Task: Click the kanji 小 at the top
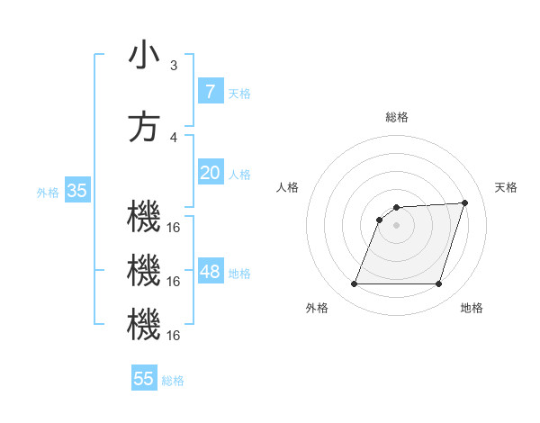coord(144,56)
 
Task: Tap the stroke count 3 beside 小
coord(174,66)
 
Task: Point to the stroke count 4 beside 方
coord(174,138)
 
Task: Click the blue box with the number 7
coord(210,91)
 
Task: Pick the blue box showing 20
coord(210,173)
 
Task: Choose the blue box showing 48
coord(211,272)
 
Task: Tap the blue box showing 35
coord(76,190)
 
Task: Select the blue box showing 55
coord(144,379)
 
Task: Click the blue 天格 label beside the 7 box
coord(239,93)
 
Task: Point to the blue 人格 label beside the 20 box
coord(239,175)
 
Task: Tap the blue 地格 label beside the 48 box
coord(239,274)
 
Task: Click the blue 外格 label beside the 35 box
coord(48,192)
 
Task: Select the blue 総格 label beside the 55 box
coord(173,381)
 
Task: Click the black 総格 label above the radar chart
coord(396,117)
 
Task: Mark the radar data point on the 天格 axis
coord(465,202)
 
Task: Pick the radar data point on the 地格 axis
coord(438,284)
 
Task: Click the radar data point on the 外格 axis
coord(354,284)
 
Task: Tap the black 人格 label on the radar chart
coord(288,187)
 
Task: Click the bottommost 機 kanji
coord(144,326)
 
